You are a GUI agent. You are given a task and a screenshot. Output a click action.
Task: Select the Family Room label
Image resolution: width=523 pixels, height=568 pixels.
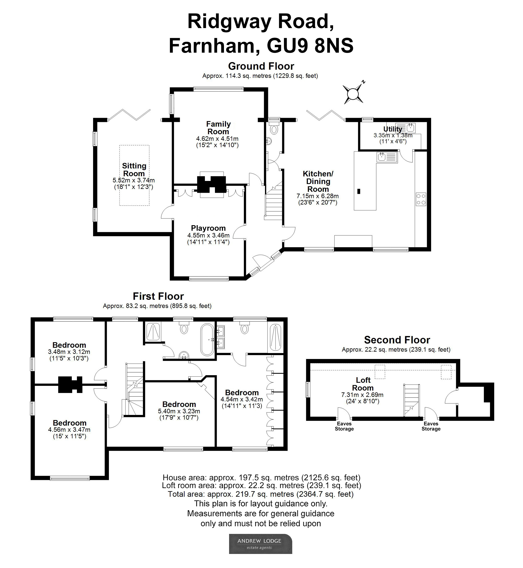pyautogui.click(x=218, y=128)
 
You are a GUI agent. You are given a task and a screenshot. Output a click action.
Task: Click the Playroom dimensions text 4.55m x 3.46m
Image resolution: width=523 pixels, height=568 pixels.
pyautogui.click(x=208, y=235)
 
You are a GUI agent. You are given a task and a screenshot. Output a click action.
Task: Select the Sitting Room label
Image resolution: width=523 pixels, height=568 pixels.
pyautogui.click(x=134, y=170)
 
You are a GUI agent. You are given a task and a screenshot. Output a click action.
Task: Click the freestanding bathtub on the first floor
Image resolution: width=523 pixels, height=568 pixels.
pyautogui.click(x=207, y=340)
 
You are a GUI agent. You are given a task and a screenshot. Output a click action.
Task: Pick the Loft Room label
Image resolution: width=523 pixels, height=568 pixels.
pyautogui.click(x=363, y=384)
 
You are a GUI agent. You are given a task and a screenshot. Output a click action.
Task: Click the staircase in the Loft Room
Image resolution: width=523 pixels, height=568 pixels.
pyautogui.click(x=411, y=400)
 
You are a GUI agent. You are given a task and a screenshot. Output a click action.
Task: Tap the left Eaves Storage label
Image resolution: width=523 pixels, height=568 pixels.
pyautogui.click(x=344, y=426)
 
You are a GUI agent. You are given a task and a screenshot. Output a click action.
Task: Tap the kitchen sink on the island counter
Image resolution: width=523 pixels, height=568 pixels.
pyautogui.click(x=387, y=157)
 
